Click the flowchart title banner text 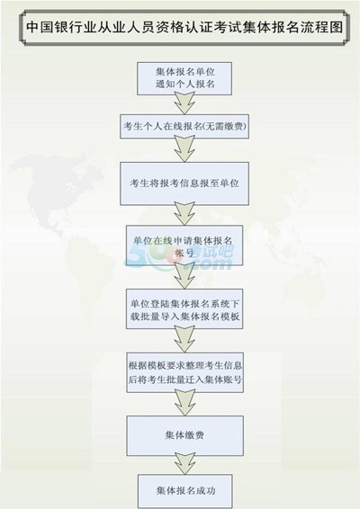coord(184,27)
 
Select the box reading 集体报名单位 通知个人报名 coord(184,78)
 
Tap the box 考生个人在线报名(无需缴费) coord(184,126)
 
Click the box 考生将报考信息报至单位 coord(184,183)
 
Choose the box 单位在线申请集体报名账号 coord(184,246)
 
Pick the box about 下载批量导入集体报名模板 coord(184,309)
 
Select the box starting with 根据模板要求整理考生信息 coord(184,372)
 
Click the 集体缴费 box coord(184,436)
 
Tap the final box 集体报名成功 coord(184,491)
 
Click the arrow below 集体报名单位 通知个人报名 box coord(184,104)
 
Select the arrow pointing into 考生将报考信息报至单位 coord(184,149)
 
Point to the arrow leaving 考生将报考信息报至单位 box coord(184,214)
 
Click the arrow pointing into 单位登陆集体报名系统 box coord(184,277)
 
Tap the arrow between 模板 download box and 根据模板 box coord(184,340)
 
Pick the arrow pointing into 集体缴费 coord(184,404)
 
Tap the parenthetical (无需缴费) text coord(224,126)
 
